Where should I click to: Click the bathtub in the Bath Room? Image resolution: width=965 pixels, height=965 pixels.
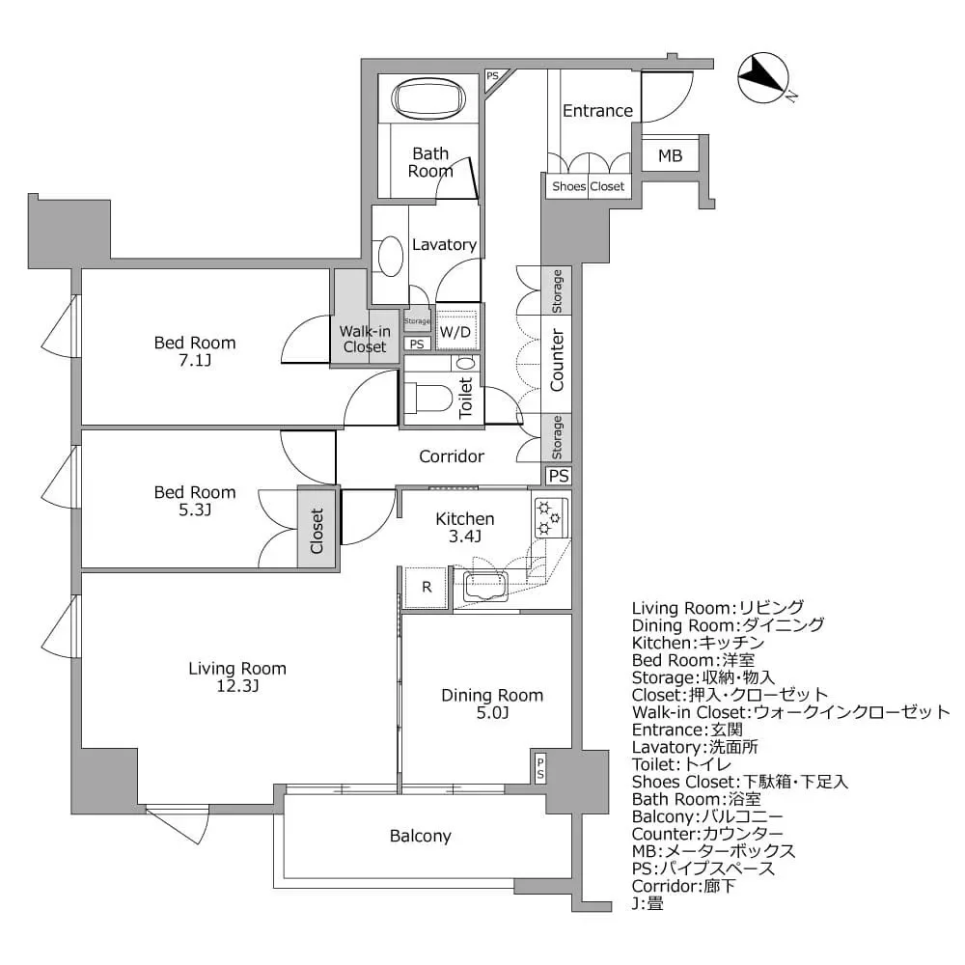[429, 97]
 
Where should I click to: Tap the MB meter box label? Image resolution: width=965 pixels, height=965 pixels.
[671, 155]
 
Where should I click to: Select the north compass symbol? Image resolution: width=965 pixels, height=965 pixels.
[763, 77]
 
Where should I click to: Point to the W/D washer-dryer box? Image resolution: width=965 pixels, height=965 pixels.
[455, 332]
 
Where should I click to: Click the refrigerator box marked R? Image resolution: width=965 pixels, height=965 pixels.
[426, 588]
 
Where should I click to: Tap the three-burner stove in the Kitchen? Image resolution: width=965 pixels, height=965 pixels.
[549, 517]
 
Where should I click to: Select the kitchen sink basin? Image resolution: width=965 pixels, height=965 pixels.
[485, 586]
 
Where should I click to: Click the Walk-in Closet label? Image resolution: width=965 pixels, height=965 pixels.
[365, 339]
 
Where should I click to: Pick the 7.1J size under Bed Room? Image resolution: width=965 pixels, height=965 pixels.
[195, 360]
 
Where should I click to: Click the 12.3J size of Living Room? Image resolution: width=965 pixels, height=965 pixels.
[237, 685]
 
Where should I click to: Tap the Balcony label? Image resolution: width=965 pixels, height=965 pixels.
[421, 836]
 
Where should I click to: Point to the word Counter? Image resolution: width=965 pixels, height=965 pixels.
[557, 360]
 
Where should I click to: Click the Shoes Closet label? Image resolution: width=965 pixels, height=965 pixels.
[588, 186]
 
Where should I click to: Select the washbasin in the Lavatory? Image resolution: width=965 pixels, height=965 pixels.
[390, 257]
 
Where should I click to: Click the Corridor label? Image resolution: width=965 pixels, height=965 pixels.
[451, 456]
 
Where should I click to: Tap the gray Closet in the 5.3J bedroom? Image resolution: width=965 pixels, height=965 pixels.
[317, 527]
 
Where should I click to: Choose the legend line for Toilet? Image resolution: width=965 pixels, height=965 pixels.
[681, 765]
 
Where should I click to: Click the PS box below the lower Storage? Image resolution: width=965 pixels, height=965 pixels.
[558, 476]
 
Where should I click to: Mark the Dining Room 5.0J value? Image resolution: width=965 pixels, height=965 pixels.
[492, 713]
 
